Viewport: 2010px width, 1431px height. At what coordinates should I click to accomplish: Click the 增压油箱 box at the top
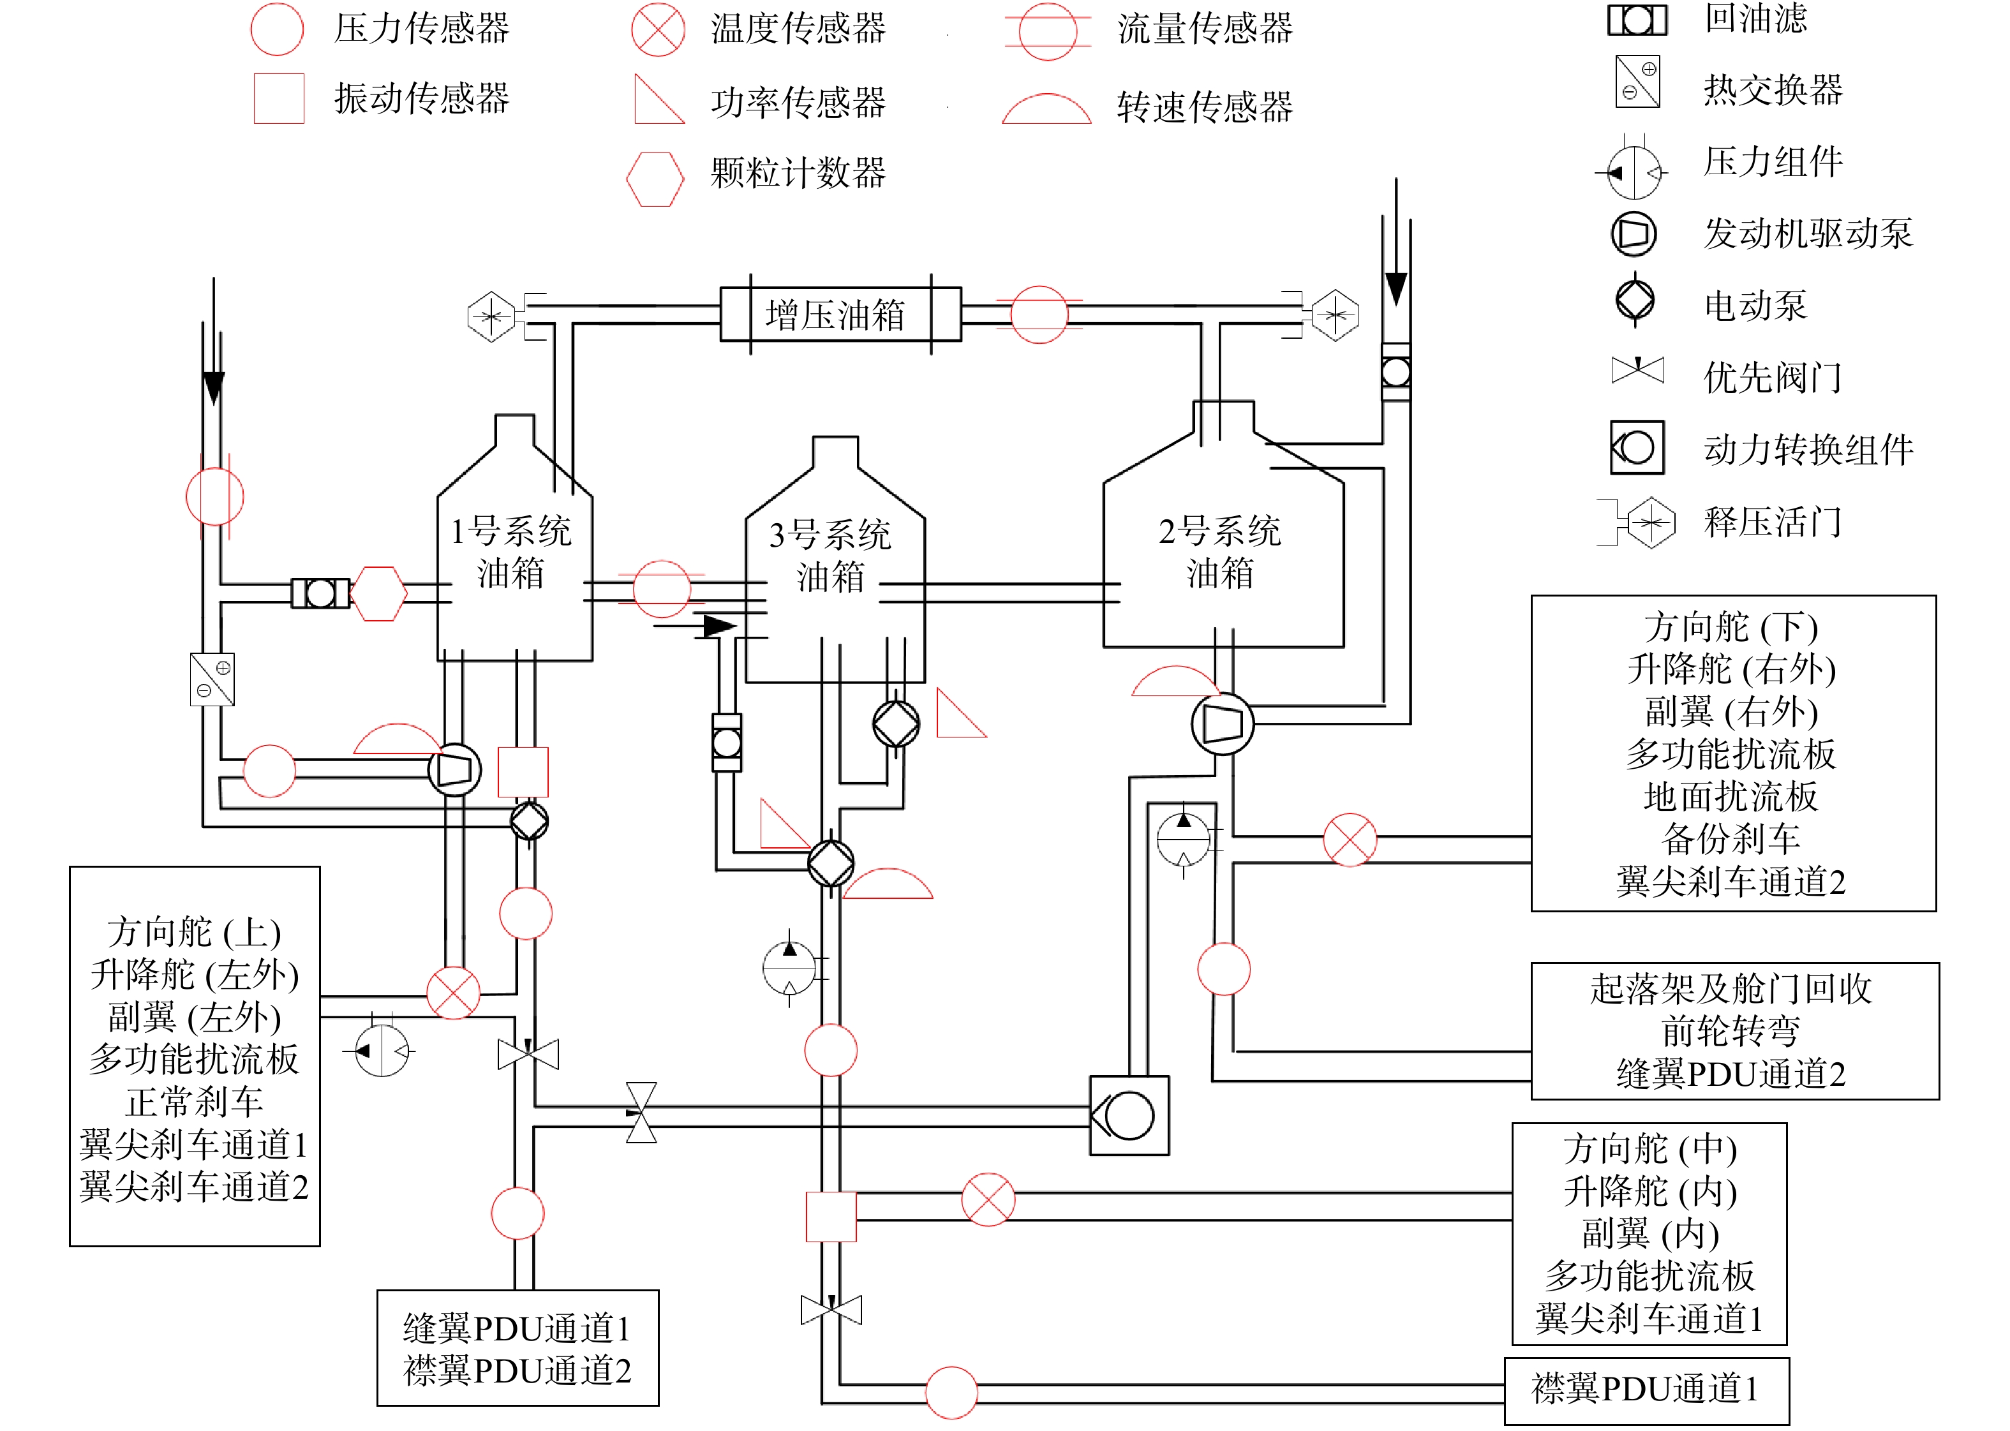(x=840, y=314)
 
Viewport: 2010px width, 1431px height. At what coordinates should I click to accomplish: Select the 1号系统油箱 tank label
(x=510, y=552)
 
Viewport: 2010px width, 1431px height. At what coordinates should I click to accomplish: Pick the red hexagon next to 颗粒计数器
(x=655, y=179)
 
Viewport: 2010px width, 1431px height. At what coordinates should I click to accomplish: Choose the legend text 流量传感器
(x=1205, y=29)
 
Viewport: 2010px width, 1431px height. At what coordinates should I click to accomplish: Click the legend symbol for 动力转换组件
(x=1636, y=448)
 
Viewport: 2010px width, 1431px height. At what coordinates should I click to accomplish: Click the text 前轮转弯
(x=1731, y=1030)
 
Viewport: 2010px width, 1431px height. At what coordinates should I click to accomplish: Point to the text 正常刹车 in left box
(x=195, y=1101)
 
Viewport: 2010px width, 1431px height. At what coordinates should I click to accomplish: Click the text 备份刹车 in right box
(x=1731, y=839)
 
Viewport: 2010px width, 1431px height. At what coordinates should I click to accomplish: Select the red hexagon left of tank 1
(x=378, y=593)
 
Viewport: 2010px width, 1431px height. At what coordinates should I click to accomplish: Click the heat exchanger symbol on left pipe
(x=212, y=678)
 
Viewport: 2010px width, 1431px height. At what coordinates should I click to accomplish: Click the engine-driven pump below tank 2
(x=1222, y=723)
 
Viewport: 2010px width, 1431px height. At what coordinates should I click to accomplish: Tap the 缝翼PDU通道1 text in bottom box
(x=517, y=1328)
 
